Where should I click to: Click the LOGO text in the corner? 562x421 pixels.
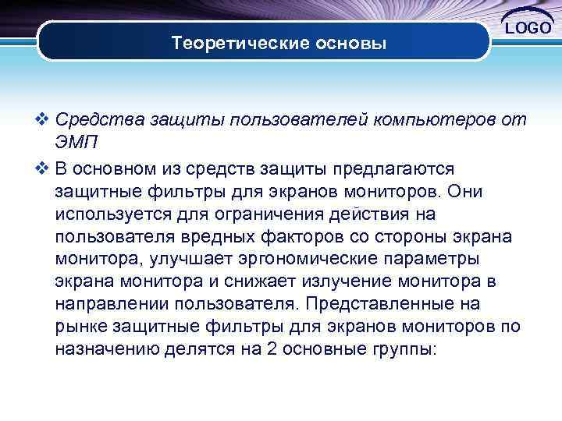pyautogui.click(x=531, y=28)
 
